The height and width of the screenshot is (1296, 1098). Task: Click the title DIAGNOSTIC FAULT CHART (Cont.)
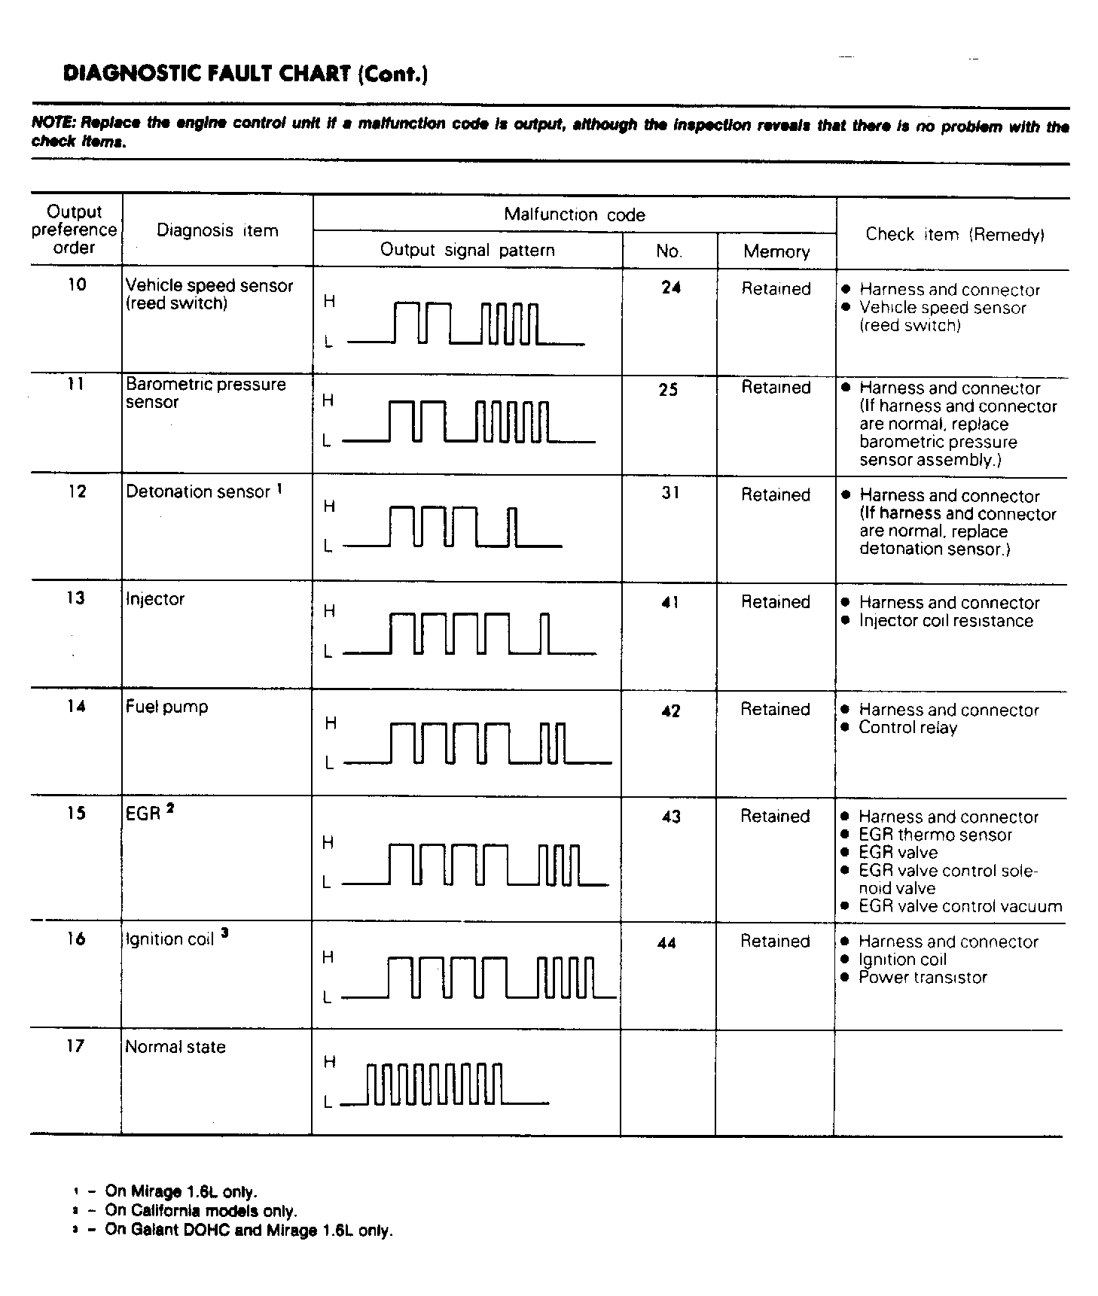[x=246, y=74]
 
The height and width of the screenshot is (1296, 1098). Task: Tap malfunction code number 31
[x=670, y=493]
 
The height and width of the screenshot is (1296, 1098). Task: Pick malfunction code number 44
[x=666, y=943]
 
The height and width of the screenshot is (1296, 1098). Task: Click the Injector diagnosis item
[x=155, y=599]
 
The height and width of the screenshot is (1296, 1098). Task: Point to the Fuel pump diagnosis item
[x=166, y=707]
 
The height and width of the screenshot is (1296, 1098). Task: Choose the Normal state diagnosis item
[x=175, y=1047]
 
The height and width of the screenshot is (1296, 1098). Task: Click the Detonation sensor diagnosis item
[x=198, y=492]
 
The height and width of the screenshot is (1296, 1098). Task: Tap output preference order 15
[x=76, y=814]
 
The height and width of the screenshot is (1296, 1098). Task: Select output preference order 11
[x=75, y=385]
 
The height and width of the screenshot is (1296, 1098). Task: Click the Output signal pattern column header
[x=467, y=251]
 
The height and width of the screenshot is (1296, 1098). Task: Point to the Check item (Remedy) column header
[x=954, y=235]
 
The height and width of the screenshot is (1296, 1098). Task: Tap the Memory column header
[x=776, y=252]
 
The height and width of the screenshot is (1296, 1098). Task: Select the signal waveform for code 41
[x=470, y=634]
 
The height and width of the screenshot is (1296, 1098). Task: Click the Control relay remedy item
[x=907, y=728]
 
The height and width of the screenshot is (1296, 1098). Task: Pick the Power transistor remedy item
[x=922, y=978]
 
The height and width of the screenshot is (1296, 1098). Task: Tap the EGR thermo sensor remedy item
[x=935, y=835]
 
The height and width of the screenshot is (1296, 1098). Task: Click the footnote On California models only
[x=201, y=1211]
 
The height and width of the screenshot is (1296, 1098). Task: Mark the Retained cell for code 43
[x=775, y=817]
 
